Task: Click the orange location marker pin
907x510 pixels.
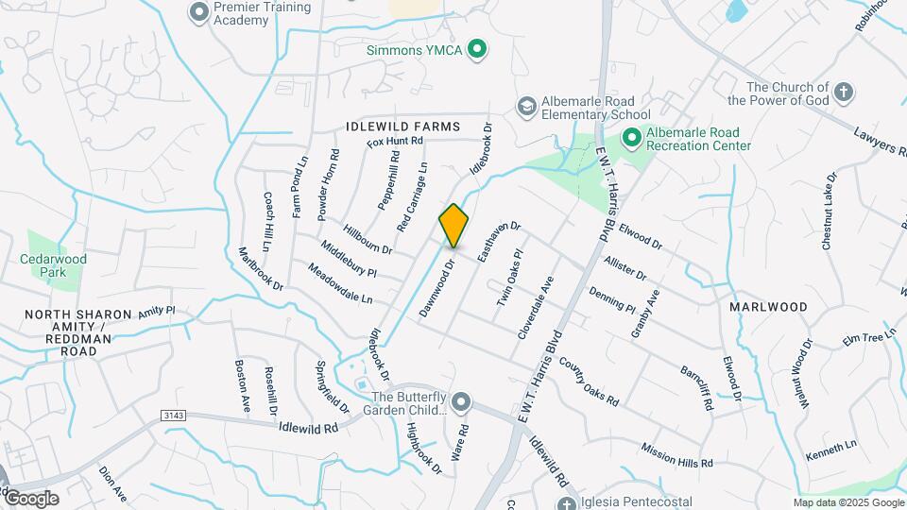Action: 453,225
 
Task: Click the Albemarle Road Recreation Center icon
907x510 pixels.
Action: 631,139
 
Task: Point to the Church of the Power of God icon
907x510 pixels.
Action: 843,93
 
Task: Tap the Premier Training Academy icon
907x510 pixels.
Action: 198,13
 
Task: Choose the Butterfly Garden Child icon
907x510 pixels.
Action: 461,402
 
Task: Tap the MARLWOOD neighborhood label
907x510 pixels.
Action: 768,307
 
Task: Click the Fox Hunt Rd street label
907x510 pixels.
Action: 395,142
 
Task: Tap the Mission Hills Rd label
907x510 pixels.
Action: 676,454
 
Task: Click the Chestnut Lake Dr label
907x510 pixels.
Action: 829,211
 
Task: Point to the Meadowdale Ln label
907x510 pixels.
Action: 340,283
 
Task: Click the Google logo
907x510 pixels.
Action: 31,498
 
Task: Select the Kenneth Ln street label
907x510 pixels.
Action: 830,450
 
